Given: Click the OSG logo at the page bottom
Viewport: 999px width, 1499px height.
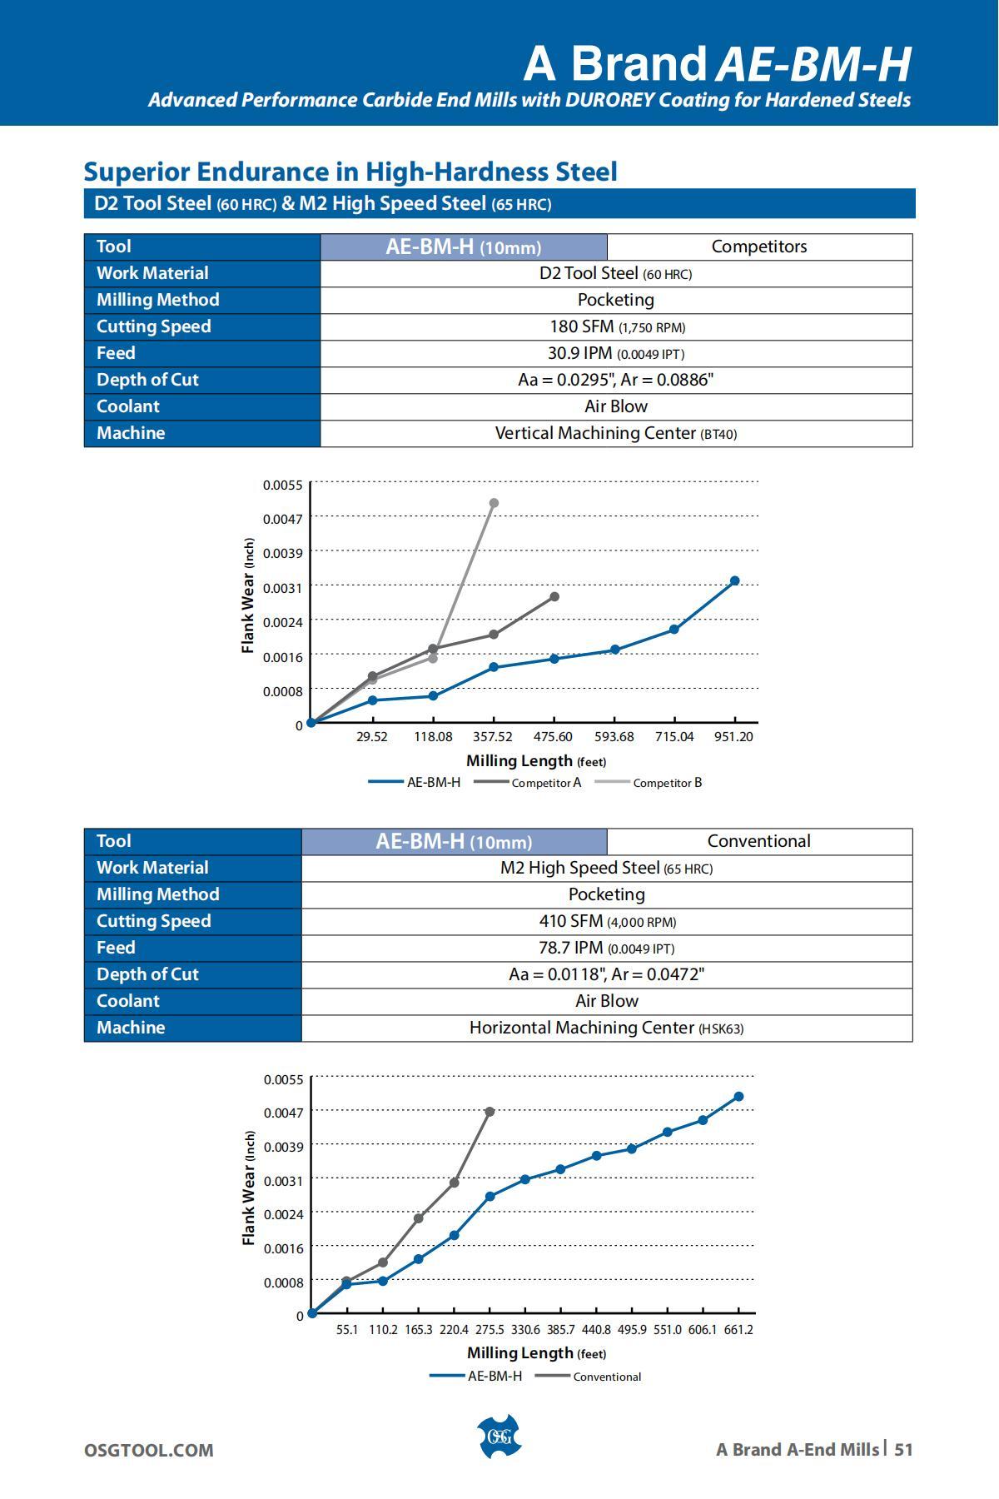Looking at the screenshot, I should [498, 1437].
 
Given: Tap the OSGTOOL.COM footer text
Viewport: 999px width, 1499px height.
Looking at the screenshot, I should [148, 1450].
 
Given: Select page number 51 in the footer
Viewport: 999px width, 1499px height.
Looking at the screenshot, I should [903, 1449].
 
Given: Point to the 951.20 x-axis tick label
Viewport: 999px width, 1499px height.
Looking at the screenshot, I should [733, 737].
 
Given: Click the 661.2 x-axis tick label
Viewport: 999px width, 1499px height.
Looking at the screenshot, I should [738, 1330].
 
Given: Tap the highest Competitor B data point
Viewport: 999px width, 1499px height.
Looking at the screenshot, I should [494, 503].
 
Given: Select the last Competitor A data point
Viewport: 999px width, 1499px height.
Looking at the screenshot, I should [554, 597].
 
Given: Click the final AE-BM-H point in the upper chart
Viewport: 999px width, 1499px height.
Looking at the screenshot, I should [734, 581].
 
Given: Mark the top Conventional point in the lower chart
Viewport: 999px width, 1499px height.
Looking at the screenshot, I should [490, 1112].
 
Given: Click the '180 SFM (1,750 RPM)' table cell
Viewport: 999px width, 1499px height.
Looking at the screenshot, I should [616, 326].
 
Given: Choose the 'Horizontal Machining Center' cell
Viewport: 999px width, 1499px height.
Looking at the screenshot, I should [606, 1028].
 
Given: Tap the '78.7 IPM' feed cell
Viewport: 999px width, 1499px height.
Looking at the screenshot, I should [606, 948].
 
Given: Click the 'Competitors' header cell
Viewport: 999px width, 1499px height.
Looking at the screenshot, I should [758, 247].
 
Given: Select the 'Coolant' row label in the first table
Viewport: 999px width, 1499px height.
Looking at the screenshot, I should [127, 406].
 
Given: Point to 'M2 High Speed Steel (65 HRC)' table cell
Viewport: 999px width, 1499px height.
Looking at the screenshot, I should [606, 868].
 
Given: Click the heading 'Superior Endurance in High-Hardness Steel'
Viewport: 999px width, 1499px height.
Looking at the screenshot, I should [350, 172].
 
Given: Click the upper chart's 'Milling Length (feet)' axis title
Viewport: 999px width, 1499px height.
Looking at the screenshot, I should [536, 761].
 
